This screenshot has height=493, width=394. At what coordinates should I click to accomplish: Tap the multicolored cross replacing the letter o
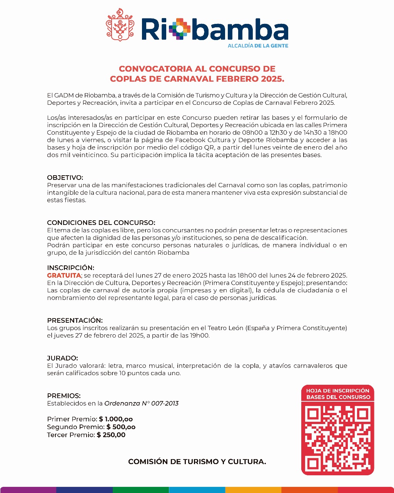[180, 29]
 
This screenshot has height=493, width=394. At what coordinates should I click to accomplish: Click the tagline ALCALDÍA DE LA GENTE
[258, 45]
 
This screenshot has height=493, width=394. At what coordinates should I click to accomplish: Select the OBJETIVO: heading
[65, 178]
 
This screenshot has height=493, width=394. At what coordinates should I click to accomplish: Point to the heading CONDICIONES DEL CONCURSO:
[101, 223]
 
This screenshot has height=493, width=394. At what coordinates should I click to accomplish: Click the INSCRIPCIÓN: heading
[70, 268]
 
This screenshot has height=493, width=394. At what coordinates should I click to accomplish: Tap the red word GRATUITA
[64, 275]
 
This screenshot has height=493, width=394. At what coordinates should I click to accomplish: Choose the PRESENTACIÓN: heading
[75, 320]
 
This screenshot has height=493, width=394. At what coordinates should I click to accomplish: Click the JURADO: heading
[62, 358]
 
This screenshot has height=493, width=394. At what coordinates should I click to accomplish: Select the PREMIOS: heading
[64, 396]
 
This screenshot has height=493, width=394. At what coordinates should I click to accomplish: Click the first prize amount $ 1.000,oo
[116, 419]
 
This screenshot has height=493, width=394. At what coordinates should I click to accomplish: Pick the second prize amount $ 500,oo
[121, 427]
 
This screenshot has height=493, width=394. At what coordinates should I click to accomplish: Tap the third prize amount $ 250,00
[111, 435]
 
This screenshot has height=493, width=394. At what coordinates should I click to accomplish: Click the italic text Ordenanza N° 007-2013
[142, 404]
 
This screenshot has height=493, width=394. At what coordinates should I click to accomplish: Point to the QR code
[337, 438]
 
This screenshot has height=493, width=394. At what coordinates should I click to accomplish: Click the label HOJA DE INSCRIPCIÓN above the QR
[337, 391]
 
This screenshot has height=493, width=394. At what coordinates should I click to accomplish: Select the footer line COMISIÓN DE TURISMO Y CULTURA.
[197, 461]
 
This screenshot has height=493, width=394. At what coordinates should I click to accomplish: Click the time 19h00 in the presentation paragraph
[200, 335]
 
